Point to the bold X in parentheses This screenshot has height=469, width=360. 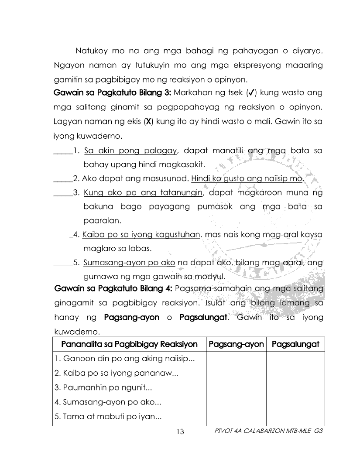pos(149,122)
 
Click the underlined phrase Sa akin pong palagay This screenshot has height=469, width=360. pos(130,151)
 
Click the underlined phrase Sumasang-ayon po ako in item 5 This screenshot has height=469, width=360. pos(129,263)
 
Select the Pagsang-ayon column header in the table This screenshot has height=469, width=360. pos(236,344)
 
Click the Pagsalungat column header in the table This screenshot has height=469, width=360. pos(295,344)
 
